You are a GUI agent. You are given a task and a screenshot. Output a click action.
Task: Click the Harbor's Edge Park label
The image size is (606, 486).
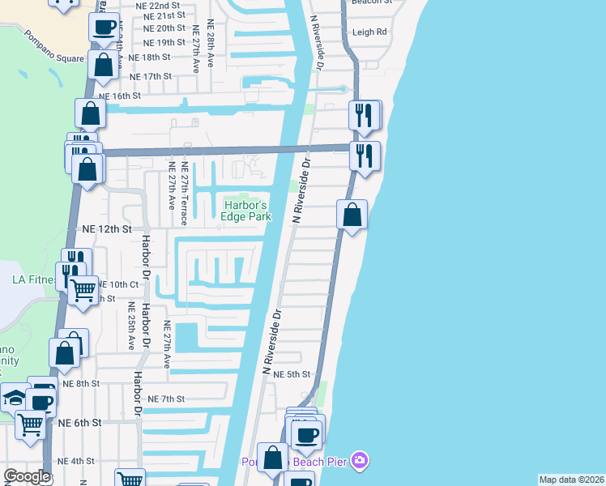pos(246,211)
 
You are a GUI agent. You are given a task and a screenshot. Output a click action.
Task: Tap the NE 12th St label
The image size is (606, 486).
pos(106,229)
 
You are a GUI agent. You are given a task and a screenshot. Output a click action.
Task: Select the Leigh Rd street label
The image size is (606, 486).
pos(369,32)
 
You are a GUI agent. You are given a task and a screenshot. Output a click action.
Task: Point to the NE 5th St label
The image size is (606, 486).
pos(292,375)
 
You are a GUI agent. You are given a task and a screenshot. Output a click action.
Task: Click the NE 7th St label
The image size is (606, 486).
pos(167,399)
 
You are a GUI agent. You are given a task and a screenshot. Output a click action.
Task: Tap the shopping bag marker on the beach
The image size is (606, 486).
pos(352,216)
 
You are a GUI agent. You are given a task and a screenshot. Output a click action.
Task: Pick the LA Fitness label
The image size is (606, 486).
pos(32,280)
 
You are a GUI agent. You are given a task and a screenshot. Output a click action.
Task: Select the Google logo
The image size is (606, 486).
pos(27,476)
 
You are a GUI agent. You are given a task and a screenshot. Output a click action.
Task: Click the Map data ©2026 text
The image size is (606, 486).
pos(570,480)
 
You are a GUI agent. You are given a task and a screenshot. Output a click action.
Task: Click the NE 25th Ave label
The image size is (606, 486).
pos(130,326)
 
